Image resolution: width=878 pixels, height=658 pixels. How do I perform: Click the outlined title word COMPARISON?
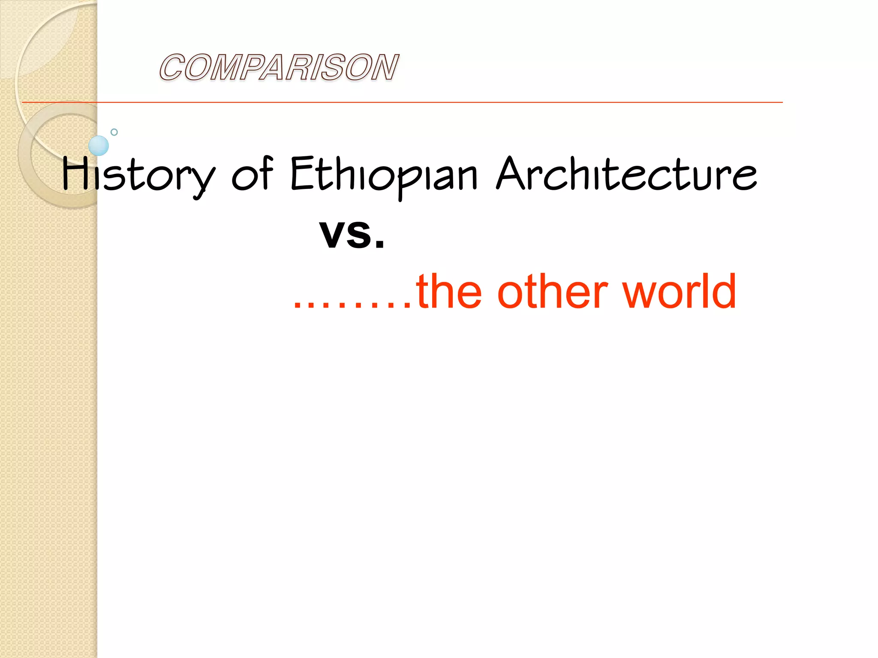[279, 67]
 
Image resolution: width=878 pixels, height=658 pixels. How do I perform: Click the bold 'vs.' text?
[352, 233]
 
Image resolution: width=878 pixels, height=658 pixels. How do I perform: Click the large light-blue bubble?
[99, 146]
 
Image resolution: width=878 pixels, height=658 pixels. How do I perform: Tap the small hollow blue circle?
[114, 132]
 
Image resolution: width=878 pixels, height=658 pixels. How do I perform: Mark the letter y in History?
[201, 180]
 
